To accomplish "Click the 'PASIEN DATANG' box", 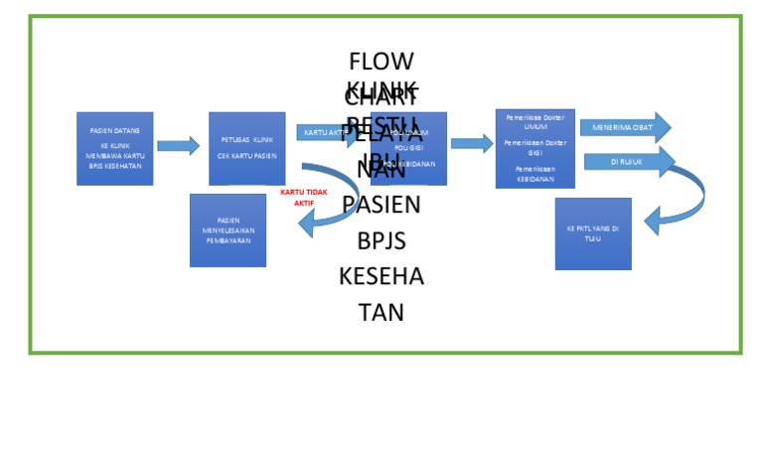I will [114, 148].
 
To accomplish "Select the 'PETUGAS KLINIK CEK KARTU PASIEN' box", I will [246, 148].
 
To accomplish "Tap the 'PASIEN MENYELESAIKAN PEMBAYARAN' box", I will [228, 231].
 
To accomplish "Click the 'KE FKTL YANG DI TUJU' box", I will [593, 233].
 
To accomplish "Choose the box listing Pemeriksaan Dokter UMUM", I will [534, 148].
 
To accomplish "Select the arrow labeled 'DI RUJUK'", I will [628, 161].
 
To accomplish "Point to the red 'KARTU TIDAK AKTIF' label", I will [303, 197].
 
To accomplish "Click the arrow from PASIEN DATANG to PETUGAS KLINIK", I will [179, 146].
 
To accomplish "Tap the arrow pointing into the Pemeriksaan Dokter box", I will [472, 143].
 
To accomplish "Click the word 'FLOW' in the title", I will [381, 62].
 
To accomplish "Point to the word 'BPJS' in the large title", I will [381, 240].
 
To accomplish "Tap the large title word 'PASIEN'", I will [381, 205].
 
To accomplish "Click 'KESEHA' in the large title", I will [381, 276].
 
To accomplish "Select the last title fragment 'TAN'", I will [381, 312].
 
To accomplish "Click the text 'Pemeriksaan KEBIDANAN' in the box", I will [534, 174].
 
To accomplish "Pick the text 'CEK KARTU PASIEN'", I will [246, 156].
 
